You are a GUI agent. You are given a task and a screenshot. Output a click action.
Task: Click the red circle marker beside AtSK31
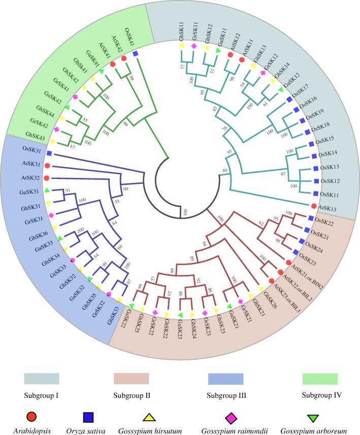pos(47,166)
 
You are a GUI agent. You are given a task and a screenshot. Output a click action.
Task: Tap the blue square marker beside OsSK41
pos(136,54)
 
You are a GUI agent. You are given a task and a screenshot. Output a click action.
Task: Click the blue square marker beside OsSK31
pos(48,153)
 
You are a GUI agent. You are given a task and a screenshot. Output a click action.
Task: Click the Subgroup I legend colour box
pos(42,379)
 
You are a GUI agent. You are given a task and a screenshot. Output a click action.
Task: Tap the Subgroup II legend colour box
pos(130,379)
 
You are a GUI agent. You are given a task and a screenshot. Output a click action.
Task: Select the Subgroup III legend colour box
pos(225,379)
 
